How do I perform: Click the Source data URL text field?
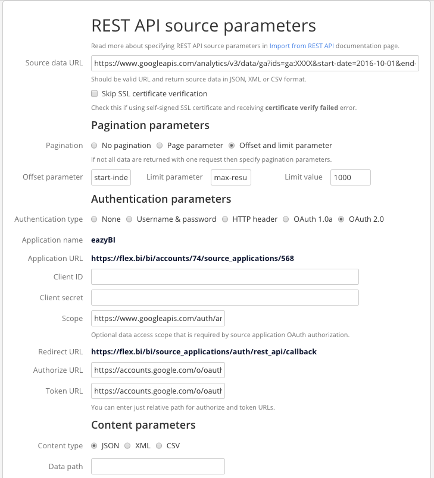click(x=255, y=64)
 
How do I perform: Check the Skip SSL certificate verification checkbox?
click(x=94, y=93)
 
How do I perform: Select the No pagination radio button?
click(x=94, y=146)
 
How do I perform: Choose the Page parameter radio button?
click(x=160, y=146)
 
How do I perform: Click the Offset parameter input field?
click(x=111, y=177)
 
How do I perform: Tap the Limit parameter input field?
click(x=232, y=177)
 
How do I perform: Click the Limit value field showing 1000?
click(x=350, y=177)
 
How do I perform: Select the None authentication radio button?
click(x=94, y=219)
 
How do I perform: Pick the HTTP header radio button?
click(x=225, y=219)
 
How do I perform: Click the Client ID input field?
click(x=224, y=276)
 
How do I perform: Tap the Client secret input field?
click(x=224, y=297)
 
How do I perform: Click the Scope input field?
click(x=158, y=319)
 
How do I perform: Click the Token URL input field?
click(x=158, y=391)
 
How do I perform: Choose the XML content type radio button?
click(x=127, y=446)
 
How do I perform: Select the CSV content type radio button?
click(x=158, y=446)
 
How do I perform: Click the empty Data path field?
click(x=158, y=467)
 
